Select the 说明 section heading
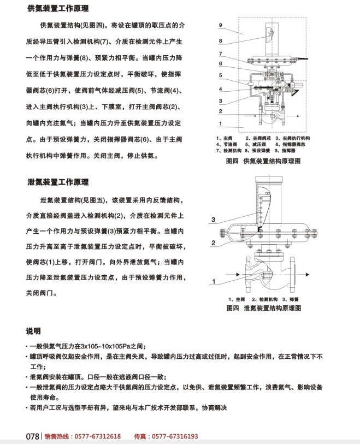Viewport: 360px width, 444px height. pos(33,331)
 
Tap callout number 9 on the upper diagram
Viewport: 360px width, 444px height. pos(220,26)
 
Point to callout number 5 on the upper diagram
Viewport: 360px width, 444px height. pos(220,75)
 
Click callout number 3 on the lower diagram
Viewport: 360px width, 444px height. pos(214,220)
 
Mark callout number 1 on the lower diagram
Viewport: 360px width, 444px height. pos(216,282)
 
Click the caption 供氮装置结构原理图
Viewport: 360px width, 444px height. pos(272,162)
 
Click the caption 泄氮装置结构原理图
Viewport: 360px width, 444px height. pos(272,308)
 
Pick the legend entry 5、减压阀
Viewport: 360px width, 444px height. pos(257,144)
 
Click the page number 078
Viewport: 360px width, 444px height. pos(33,436)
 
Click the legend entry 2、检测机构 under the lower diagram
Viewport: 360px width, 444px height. pos(265,300)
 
